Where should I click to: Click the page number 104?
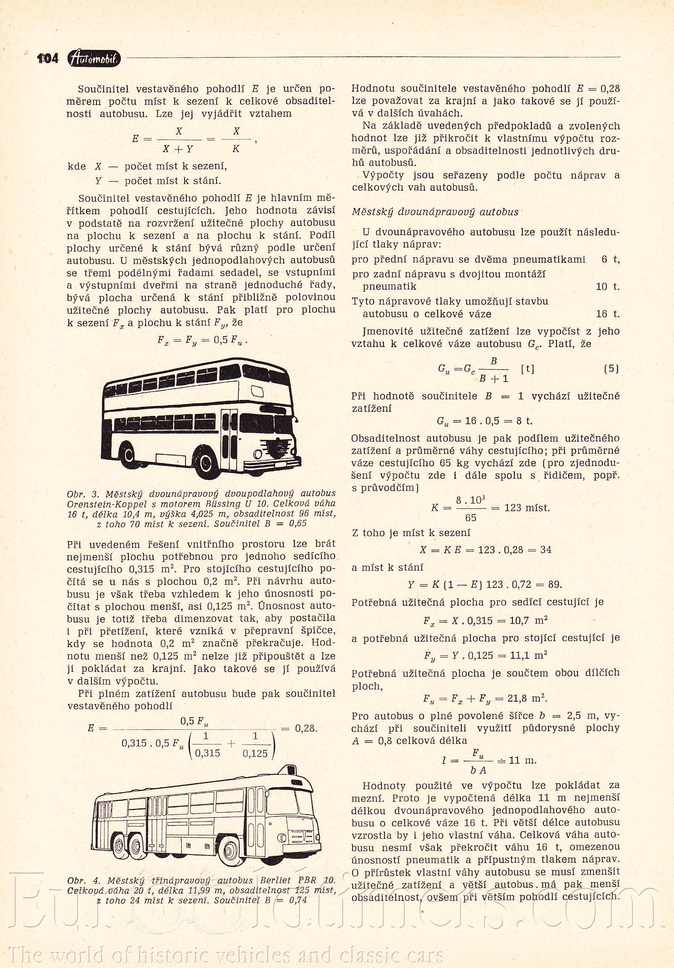[x=48, y=58]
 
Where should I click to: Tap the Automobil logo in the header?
[x=94, y=59]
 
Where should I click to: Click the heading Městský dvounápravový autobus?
[x=435, y=212]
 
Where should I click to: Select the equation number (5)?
[x=611, y=369]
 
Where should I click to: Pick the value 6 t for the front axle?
[x=610, y=260]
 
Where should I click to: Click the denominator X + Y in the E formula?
[x=178, y=149]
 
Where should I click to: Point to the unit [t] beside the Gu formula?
[x=528, y=369]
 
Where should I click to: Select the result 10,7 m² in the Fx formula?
[x=527, y=621]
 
